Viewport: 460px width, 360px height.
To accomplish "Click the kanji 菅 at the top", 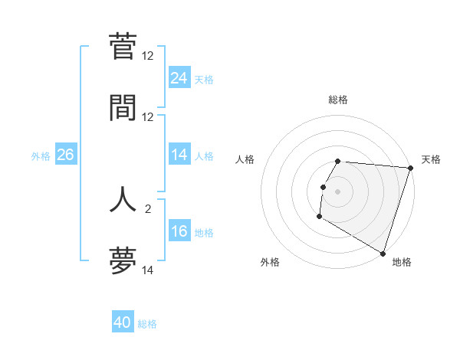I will [x=123, y=47].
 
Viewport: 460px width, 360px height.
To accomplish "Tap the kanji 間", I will [x=123, y=107].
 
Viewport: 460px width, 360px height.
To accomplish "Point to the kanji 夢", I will [x=123, y=261].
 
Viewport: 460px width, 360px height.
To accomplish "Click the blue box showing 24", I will [x=179, y=77].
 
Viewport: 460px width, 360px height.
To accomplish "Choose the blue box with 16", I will [x=179, y=232].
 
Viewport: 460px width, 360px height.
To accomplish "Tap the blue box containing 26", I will [x=65, y=155].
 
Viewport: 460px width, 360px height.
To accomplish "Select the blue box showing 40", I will [x=123, y=323].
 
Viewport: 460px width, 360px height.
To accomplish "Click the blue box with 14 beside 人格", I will [x=179, y=155].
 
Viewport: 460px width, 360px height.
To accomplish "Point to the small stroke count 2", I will [x=148, y=208].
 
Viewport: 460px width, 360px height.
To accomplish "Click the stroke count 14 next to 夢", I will [x=148, y=270].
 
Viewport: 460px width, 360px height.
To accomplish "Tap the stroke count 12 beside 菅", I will [x=148, y=55].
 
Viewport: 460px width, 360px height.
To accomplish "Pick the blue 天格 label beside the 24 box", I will [x=204, y=79].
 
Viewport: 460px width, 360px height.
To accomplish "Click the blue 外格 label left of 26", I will [x=41, y=156].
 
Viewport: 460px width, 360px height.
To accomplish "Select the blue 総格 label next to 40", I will [x=147, y=325].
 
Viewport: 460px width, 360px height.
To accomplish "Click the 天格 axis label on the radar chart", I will [x=431, y=159].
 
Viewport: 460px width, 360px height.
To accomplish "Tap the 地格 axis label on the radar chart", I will [x=402, y=262].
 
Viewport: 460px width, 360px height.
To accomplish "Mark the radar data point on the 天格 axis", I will [x=410, y=168].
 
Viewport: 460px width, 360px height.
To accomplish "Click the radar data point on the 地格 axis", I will [x=383, y=253].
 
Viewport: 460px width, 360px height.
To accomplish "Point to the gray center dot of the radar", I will [x=338, y=191].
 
